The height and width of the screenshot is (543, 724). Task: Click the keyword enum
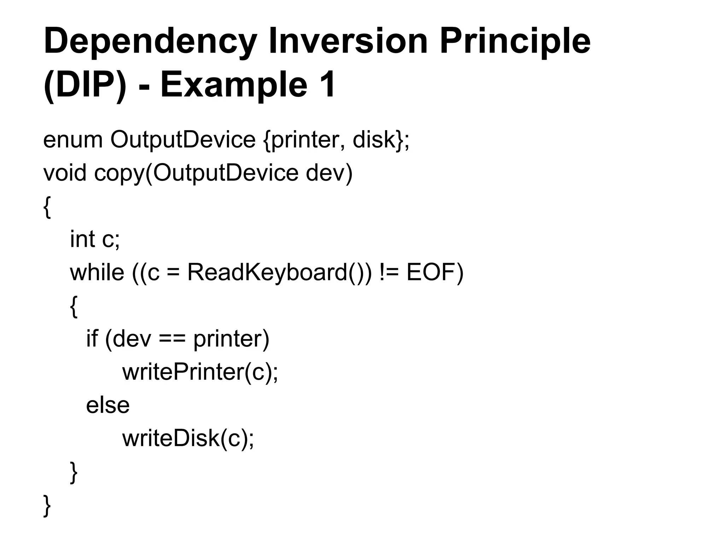[73, 140]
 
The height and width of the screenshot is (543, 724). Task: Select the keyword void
[65, 173]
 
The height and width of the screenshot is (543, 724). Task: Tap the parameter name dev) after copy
[329, 173]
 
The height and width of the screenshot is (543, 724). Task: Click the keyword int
[82, 239]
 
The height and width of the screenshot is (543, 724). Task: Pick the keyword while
[97, 273]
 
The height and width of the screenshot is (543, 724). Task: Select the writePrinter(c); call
[200, 372]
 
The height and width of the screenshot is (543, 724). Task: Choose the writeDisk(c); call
[188, 439]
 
